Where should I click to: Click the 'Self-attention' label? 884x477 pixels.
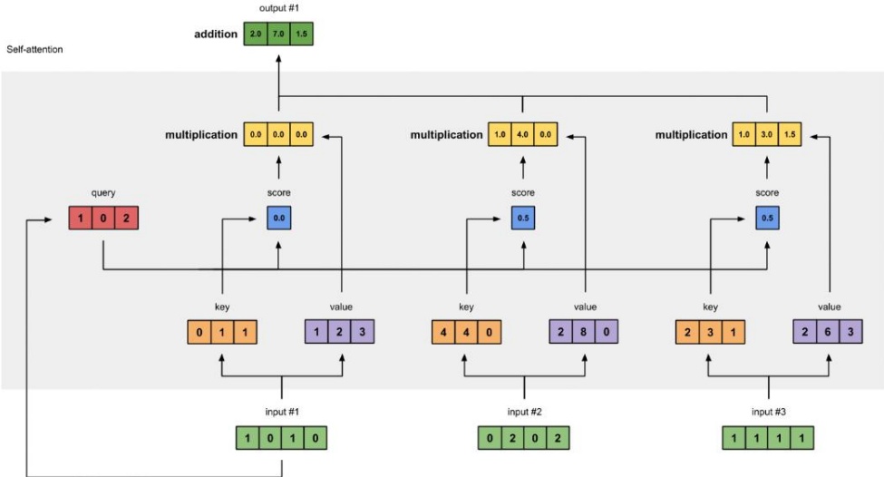[34, 50]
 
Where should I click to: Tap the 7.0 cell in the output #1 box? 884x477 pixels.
[278, 34]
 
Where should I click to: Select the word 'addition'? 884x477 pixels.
[216, 34]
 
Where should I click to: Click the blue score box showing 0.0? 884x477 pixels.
[279, 219]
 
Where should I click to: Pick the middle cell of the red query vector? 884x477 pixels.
[103, 219]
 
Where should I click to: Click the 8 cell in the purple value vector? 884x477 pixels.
[584, 332]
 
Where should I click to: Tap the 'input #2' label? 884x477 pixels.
[524, 412]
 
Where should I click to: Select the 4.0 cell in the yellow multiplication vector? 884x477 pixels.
[522, 135]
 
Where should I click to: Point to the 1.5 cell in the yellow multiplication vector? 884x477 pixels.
[790, 135]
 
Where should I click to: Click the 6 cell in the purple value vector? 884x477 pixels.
[828, 332]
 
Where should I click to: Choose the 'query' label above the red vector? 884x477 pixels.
[103, 193]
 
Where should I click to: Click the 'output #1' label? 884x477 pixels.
[279, 8]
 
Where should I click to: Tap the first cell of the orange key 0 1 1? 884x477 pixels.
[199, 332]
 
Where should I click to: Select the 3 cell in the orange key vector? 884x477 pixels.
[710, 332]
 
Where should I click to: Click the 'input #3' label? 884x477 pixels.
[769, 412]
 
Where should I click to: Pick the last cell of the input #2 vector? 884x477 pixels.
[558, 438]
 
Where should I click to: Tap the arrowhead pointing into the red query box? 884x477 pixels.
[48, 219]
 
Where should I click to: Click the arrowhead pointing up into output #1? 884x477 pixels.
[278, 59]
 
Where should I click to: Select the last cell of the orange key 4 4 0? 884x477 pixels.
[489, 332]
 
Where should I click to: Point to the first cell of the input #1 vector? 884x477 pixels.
[248, 438]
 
